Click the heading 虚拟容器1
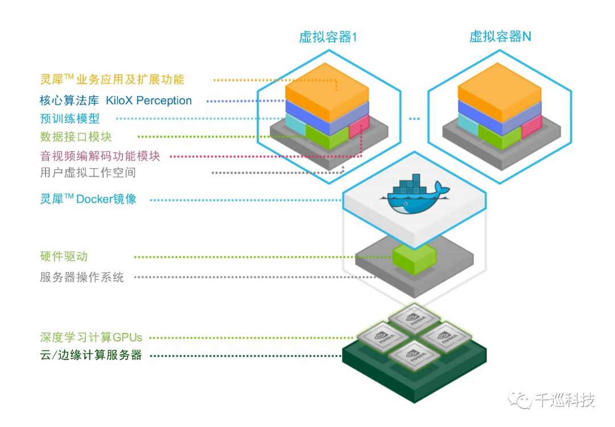328,37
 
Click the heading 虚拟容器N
500,37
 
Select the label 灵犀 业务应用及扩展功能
112,79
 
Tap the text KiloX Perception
149,101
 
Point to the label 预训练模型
69,119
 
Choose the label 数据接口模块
76,137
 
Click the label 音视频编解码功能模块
100,155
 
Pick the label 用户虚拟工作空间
88,172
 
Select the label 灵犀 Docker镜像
88,199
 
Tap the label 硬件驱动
64,256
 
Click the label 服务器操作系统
81,278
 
